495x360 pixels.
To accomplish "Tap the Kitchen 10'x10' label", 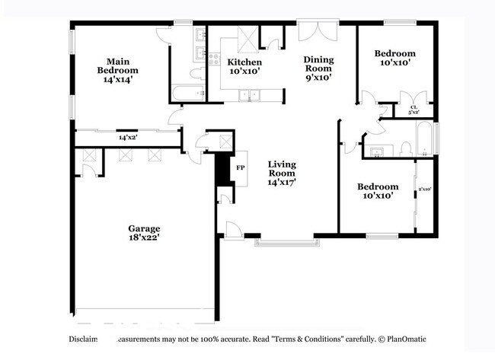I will pos(244,66).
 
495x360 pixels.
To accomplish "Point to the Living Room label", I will pos(281,173).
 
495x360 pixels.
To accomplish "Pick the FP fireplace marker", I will pos(241,167).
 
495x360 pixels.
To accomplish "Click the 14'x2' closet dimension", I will pos(127,138).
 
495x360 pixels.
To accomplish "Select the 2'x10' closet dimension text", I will pos(425,189).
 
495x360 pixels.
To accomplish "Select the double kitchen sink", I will pos(249,95).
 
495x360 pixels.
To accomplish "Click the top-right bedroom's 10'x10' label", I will pos(394,58).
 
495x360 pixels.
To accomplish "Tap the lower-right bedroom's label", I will pos(378,191).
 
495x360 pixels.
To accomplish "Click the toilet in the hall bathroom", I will pos(405,148).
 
